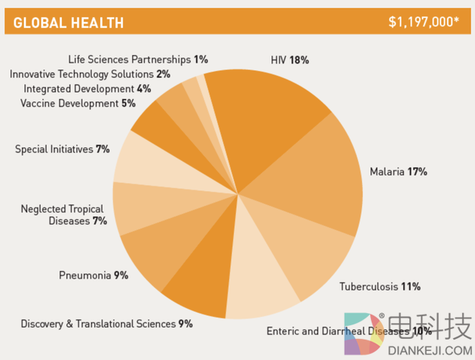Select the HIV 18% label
pyautogui.click(x=290, y=59)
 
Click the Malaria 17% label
pyautogui.click(x=398, y=171)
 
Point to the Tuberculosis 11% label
pyautogui.click(x=379, y=286)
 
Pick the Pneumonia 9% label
pyautogui.click(x=93, y=275)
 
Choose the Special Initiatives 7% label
pyautogui.click(x=63, y=149)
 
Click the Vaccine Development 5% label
pyautogui.click(x=78, y=103)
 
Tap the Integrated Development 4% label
pyautogui.click(x=87, y=88)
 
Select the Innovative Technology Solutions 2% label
pyautogui.click(x=90, y=74)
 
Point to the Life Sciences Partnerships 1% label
pyautogui.click(x=138, y=59)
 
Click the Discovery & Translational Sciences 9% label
pyautogui.click(x=106, y=324)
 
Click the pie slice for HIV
pyautogui.click(x=264, y=113)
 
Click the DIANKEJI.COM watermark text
pyautogui.click(x=429, y=350)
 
